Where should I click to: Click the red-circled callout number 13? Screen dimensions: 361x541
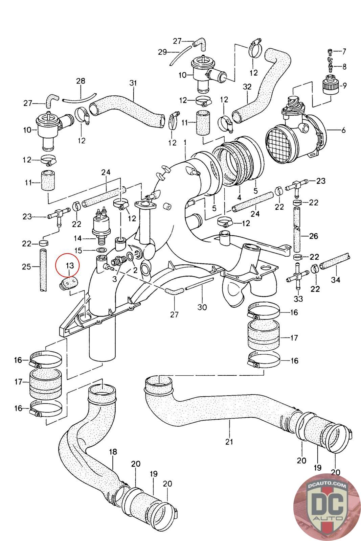coord(70,266)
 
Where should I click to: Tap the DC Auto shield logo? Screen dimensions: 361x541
coord(326,507)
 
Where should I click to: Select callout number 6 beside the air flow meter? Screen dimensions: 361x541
coord(343,131)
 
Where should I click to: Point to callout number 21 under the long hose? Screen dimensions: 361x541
coord(229,442)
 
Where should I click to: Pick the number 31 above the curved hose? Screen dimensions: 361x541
coord(133,83)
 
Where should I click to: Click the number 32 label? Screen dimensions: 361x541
coord(247,87)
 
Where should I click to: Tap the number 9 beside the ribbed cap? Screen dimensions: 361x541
coord(344,85)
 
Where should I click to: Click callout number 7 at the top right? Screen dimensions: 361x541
coord(344,51)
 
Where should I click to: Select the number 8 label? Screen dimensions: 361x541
coord(344,66)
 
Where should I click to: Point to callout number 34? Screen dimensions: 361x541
coord(336,280)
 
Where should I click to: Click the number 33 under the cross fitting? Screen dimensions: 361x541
coord(298,299)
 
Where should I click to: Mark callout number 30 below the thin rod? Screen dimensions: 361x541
coord(202,307)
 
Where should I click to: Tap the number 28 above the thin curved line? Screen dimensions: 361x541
coord(81,81)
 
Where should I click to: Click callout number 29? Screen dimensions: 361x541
coord(162,52)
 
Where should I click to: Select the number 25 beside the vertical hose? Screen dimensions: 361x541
coord(26,267)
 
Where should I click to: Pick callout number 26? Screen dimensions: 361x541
coord(314,236)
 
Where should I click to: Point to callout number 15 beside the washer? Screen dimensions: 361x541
coord(78,251)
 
